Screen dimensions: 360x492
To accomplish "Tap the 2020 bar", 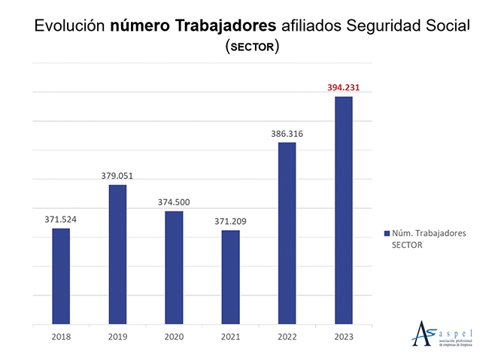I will click(174, 268).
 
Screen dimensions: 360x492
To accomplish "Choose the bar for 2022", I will click(287, 233).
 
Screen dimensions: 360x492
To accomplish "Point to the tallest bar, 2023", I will click(343, 210).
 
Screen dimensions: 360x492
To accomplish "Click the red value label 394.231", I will click(343, 87).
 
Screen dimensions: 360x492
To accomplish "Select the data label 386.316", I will click(287, 134).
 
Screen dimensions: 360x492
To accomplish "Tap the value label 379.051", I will click(117, 176).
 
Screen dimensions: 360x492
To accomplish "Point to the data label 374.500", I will click(174, 202).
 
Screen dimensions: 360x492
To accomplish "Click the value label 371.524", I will click(61, 219).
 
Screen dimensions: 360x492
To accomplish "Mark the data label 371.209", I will click(230, 221).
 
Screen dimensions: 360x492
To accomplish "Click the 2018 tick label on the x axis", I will click(61, 337).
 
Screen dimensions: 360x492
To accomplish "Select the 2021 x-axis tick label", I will click(230, 337).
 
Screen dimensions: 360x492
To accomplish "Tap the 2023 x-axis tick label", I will click(343, 337).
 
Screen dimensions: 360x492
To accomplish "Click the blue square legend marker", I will click(386, 234).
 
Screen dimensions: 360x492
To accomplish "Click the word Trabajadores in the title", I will click(218, 27).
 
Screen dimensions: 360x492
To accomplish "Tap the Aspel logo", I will click(443, 332).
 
